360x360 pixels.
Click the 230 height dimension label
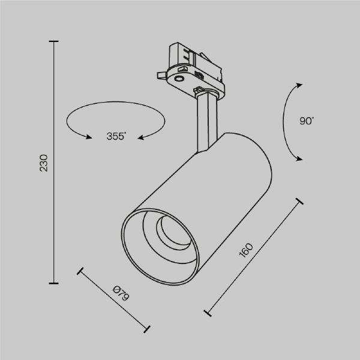pos(43,163)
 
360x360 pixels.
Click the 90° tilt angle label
pos(307,121)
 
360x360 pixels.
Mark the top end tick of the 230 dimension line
pos(55,41)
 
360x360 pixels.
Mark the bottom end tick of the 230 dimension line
pos(55,283)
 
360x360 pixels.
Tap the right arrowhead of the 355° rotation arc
pos(141,137)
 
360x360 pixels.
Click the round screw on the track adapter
pos(179,79)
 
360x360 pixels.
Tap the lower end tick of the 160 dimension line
pos(208,312)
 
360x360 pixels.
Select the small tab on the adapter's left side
pos(160,76)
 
